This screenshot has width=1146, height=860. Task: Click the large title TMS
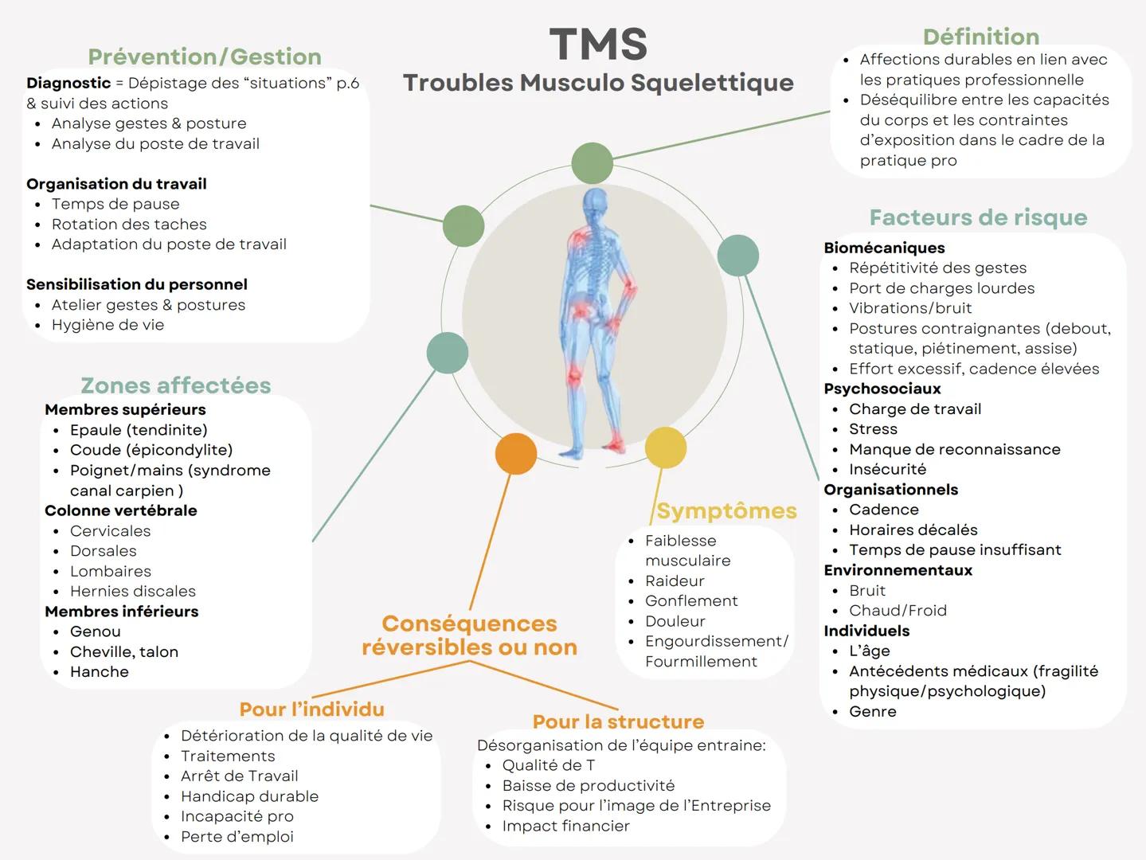click(x=598, y=44)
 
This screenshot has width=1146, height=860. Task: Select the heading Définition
click(x=980, y=37)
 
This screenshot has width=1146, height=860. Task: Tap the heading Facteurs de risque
click(x=978, y=217)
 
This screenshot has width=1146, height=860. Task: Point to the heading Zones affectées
click(x=176, y=385)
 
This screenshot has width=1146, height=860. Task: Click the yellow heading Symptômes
click(x=726, y=510)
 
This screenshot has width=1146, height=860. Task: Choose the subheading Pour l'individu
click(x=312, y=709)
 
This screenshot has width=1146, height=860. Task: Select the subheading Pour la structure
click(x=618, y=721)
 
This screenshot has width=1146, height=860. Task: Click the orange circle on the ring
click(x=516, y=454)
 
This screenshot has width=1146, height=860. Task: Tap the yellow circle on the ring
click(x=665, y=448)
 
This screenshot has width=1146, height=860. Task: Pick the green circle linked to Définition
click(x=592, y=163)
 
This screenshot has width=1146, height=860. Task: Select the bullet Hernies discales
click(x=132, y=591)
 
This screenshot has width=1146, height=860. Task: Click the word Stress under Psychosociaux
click(x=873, y=429)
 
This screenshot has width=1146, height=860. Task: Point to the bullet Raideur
click(x=675, y=580)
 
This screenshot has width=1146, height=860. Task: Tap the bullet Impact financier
click(x=565, y=826)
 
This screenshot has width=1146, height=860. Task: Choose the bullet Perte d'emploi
click(x=237, y=836)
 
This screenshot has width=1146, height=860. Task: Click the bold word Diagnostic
click(x=68, y=83)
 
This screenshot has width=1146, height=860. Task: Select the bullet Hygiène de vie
click(x=108, y=325)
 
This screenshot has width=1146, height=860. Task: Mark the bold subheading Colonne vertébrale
click(x=121, y=510)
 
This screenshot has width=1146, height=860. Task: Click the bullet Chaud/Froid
click(x=898, y=611)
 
